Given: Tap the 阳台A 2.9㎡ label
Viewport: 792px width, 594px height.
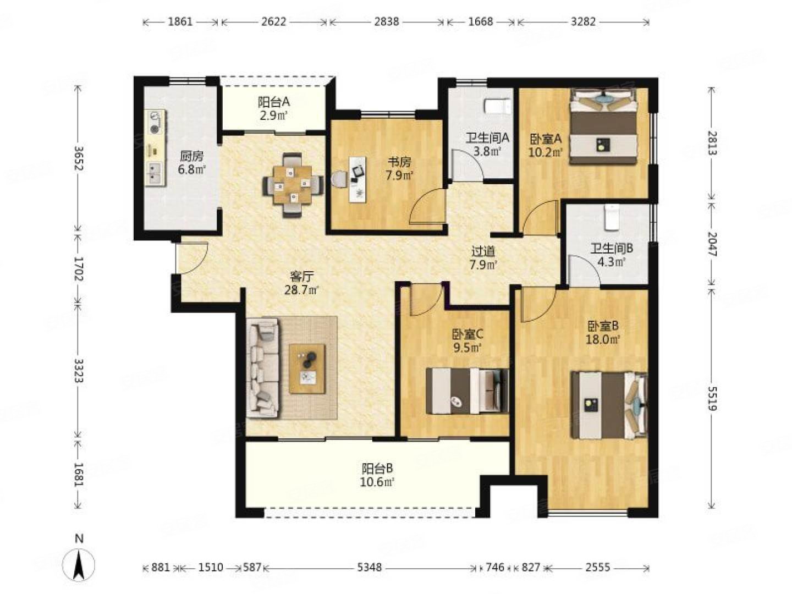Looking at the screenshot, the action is (273, 108).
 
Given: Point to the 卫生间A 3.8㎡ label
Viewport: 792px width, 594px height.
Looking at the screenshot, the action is (487, 144).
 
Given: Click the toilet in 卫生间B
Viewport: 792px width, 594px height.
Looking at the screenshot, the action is (611, 217).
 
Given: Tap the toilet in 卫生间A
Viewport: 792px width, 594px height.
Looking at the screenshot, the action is (497, 107).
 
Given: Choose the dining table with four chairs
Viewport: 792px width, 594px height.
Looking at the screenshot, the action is (292, 185).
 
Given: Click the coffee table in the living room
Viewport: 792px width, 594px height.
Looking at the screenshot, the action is (307, 369).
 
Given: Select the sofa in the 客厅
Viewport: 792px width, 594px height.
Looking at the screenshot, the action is (263, 367).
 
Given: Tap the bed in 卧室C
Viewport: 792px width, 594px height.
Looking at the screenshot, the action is (468, 391).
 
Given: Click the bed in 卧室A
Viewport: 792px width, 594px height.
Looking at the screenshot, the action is (603, 127).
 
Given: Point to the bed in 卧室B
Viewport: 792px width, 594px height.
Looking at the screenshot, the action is (609, 405).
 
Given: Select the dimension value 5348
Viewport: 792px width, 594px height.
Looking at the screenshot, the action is (369, 567).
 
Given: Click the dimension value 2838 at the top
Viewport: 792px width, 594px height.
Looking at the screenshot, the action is (387, 21).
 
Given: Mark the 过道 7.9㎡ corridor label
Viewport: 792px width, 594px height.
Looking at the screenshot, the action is (483, 258).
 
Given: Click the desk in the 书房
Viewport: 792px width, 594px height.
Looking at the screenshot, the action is (357, 179).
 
